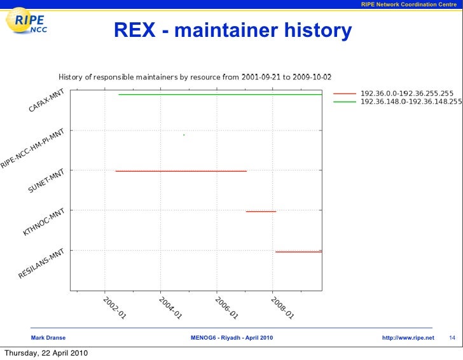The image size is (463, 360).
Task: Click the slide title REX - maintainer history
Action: tap(233, 30)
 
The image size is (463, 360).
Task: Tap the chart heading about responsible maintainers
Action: tap(195, 77)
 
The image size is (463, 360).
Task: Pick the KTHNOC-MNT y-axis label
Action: tap(44, 222)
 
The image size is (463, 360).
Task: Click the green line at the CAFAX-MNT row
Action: tap(219, 94)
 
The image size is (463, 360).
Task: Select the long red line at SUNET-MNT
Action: tap(181, 171)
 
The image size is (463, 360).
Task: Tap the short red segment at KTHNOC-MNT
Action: tap(261, 211)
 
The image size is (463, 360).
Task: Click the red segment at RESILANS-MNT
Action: tap(298, 252)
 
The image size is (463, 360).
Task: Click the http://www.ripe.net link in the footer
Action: tap(408, 337)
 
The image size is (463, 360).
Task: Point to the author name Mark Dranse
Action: tap(48, 337)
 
